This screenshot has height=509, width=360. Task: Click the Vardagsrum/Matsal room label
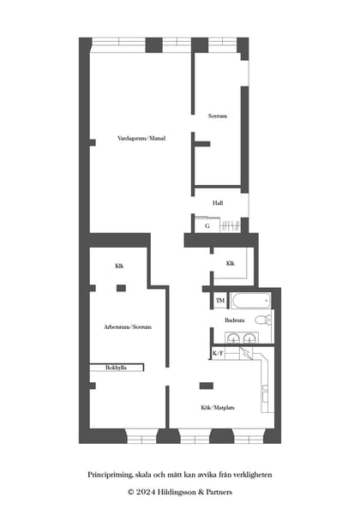pyautogui.click(x=141, y=138)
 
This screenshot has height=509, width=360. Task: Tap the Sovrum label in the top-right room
pyautogui.click(x=218, y=116)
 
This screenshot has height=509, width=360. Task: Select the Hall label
pyautogui.click(x=218, y=203)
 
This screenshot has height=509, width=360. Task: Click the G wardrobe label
pyautogui.click(x=207, y=226)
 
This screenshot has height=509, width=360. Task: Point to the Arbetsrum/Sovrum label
pyautogui.click(x=128, y=326)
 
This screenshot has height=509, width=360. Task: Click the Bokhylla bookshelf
pyautogui.click(x=117, y=368)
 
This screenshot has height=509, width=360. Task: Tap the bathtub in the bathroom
pyautogui.click(x=250, y=301)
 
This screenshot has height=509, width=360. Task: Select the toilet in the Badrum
pyautogui.click(x=263, y=320)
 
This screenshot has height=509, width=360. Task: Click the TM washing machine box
pyautogui.click(x=220, y=301)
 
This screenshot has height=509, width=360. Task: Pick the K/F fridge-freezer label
pyautogui.click(x=218, y=353)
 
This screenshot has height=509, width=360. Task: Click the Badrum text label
pyautogui.click(x=234, y=320)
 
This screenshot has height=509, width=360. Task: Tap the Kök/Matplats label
pyautogui.click(x=218, y=407)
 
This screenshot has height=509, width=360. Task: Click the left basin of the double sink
pyautogui.click(x=233, y=338)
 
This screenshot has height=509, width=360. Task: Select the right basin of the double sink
pyautogui.click(x=249, y=338)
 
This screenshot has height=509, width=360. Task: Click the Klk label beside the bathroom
pyautogui.click(x=231, y=263)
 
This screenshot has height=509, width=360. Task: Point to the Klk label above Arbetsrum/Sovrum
pyautogui.click(x=119, y=266)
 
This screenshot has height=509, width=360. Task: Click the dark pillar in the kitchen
pyautogui.click(x=207, y=386)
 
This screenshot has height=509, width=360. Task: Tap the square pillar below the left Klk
pyautogui.click(x=121, y=288)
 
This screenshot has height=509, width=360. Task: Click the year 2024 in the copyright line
pyautogui.click(x=146, y=492)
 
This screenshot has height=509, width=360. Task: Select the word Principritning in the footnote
pyautogui.click(x=110, y=475)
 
